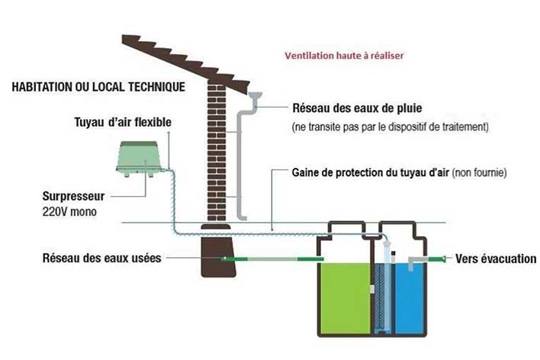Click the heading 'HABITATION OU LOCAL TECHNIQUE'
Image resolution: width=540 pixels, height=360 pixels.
tap(98, 87)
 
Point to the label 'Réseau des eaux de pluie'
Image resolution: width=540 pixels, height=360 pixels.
tap(357, 108)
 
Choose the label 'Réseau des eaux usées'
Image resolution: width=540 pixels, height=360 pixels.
tap(102, 258)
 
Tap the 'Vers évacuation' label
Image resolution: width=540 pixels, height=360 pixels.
tap(496, 259)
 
